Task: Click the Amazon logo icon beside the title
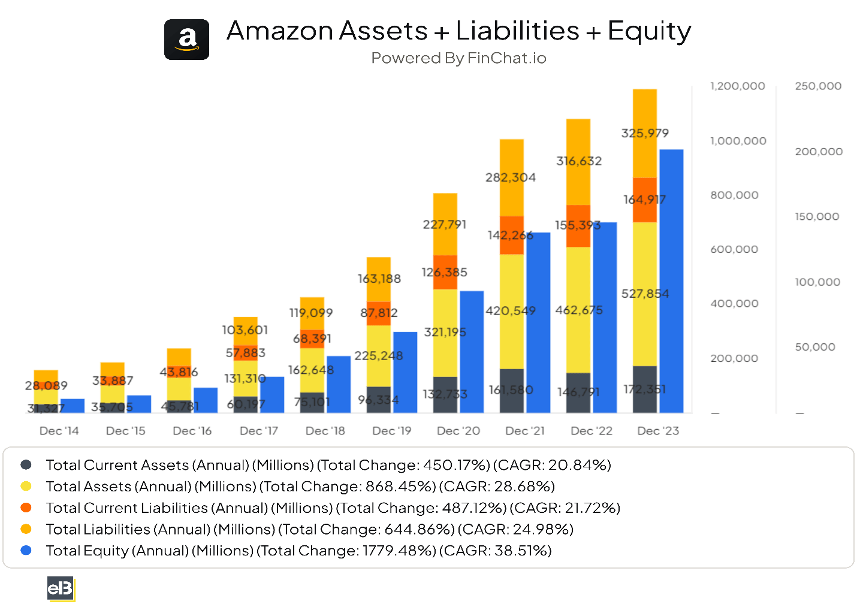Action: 186,40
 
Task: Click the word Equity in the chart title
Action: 649,31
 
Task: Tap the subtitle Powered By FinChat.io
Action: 458,58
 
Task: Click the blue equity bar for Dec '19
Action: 405,372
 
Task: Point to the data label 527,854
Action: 645,294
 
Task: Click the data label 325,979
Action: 645,133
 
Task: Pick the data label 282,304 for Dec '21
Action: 511,177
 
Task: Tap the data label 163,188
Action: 379,279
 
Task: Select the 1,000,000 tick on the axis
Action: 738,141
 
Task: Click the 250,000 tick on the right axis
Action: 818,86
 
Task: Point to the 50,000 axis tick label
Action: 814,347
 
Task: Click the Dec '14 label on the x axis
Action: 59,431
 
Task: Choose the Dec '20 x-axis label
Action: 458,431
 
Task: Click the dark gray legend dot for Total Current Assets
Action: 26,465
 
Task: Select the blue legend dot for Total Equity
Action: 26,550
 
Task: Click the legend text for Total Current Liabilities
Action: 333,508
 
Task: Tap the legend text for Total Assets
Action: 300,487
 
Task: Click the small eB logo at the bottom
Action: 61,588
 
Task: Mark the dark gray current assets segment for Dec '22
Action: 578,392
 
